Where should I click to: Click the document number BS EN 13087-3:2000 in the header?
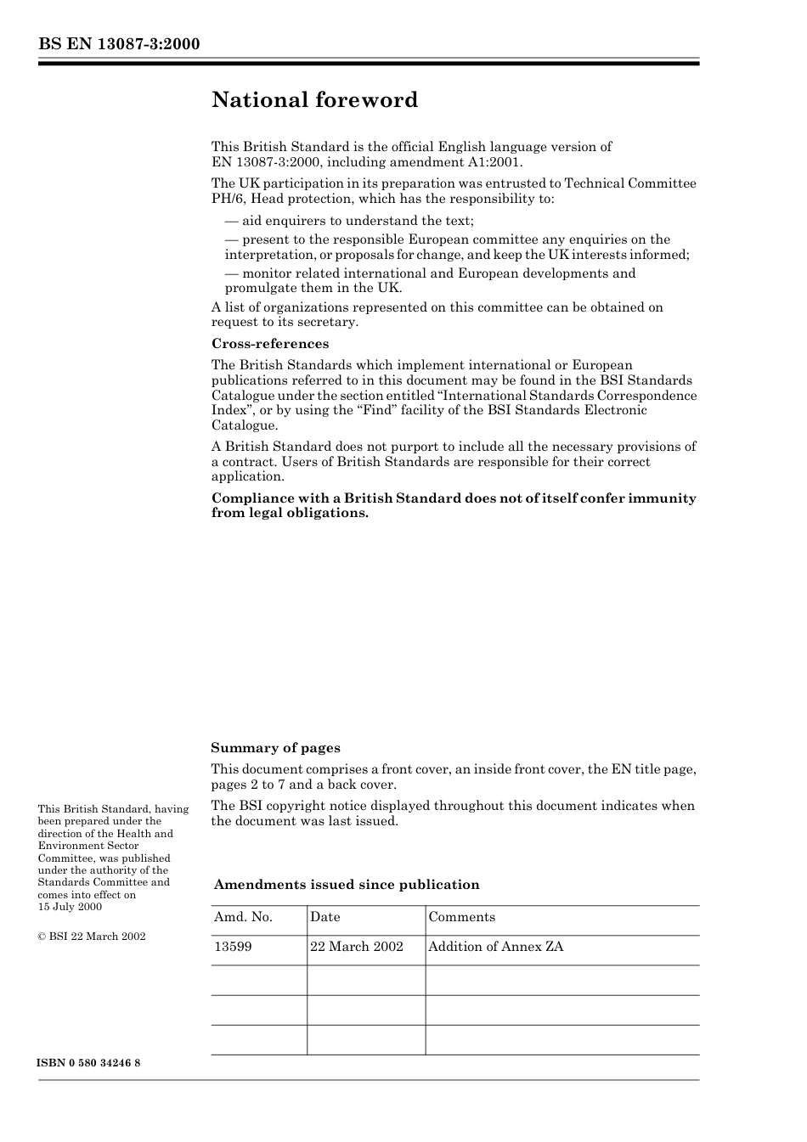(x=119, y=44)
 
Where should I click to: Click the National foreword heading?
(x=314, y=100)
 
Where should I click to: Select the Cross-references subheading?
(x=270, y=344)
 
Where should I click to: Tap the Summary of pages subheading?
(x=275, y=748)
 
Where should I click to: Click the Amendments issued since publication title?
(x=347, y=885)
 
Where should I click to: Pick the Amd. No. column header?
(x=243, y=917)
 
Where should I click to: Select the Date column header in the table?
(x=325, y=917)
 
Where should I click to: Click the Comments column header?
(x=461, y=917)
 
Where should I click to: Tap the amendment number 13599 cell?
(x=233, y=947)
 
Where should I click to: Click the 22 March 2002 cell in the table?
(x=357, y=947)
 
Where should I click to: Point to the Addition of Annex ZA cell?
(x=495, y=947)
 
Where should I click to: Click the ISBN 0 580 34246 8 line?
(x=89, y=1063)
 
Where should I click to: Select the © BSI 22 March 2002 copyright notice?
(x=92, y=937)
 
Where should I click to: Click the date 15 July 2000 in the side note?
(x=70, y=907)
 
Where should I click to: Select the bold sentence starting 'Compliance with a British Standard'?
(x=454, y=505)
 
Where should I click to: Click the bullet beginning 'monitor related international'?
(x=430, y=280)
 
